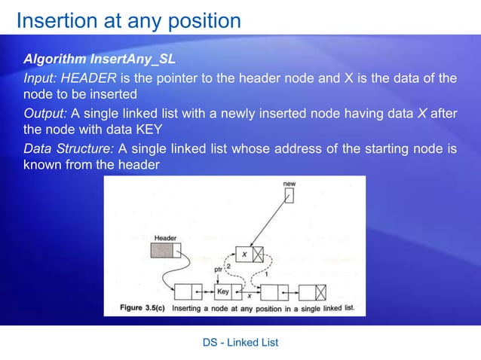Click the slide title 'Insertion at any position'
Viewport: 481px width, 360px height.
point(128,20)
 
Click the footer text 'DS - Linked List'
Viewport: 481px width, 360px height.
point(240,343)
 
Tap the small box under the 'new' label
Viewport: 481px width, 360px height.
point(289,196)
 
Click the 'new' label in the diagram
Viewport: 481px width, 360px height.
point(289,184)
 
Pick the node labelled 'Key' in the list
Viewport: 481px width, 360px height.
point(223,291)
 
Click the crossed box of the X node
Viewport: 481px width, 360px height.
point(258,255)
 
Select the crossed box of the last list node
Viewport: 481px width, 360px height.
point(321,291)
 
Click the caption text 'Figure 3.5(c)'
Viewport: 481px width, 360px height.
point(143,308)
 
